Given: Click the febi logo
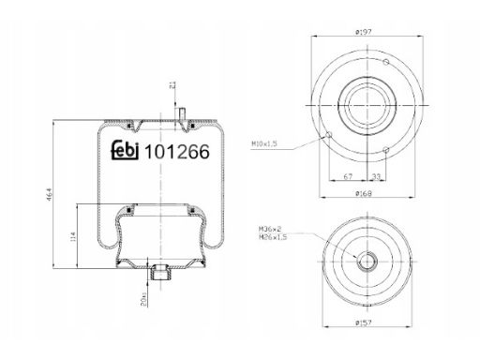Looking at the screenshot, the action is click(x=126, y=151).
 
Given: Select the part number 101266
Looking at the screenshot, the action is click(x=177, y=152).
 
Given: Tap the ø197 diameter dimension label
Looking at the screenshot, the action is click(x=363, y=32).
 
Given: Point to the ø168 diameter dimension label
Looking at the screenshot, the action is click(x=364, y=193).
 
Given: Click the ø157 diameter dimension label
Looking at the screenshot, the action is click(x=364, y=322).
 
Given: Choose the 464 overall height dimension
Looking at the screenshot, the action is click(x=50, y=194).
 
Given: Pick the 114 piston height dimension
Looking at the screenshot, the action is click(x=73, y=236).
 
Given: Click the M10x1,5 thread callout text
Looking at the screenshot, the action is click(x=264, y=143).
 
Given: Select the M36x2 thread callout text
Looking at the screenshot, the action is click(x=270, y=229).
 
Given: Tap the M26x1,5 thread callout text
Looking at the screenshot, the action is click(x=273, y=237).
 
